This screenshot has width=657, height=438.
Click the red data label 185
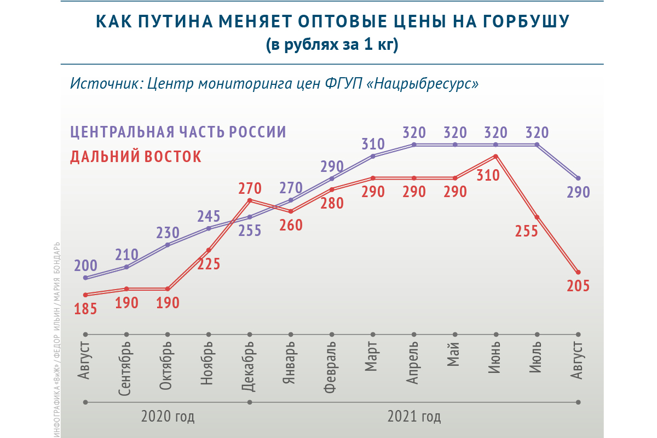86,309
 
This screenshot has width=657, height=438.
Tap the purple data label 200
86,267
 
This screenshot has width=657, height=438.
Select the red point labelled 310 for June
495,157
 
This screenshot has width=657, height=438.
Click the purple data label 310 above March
373,145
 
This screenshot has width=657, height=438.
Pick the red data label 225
209,264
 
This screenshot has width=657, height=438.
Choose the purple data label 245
209,217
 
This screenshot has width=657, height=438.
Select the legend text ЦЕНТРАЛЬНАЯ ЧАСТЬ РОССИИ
178,132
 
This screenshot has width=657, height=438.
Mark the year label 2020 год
168,417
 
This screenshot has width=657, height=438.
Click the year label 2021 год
414,417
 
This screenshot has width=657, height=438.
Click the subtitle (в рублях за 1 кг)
332,45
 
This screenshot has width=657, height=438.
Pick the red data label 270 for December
250,189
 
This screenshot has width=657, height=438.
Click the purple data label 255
250,230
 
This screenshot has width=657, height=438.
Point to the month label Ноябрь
209,364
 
